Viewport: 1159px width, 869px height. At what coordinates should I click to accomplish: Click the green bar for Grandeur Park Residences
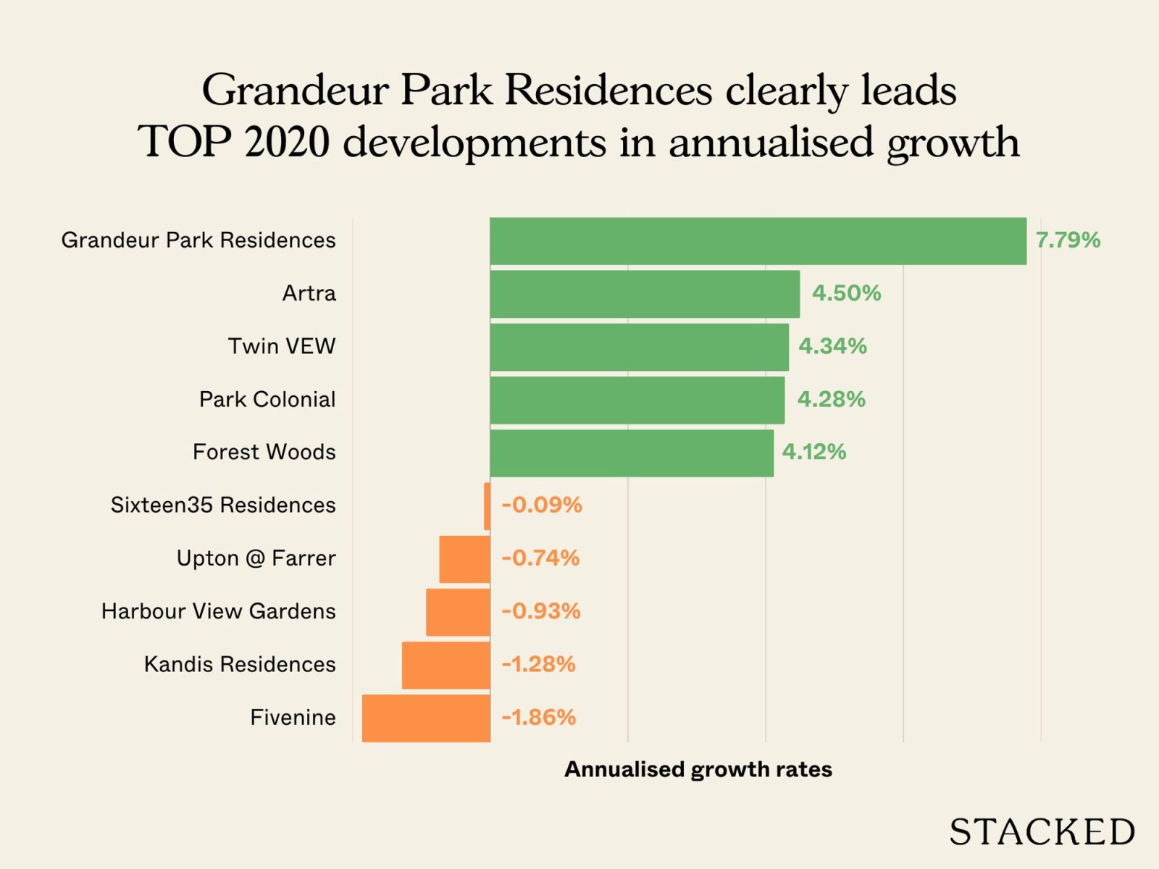(758, 241)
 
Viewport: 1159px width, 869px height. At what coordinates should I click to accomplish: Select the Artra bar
(645, 294)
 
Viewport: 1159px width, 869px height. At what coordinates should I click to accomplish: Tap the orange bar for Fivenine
(426, 718)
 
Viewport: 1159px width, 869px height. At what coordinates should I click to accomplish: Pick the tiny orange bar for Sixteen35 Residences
(488, 506)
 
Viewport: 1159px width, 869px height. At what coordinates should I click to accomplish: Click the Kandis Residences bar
(446, 665)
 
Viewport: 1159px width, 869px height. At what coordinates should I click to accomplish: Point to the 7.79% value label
(1068, 240)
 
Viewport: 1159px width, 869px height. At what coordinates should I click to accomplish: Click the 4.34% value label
(832, 346)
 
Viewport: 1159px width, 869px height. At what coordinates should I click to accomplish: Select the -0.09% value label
(542, 505)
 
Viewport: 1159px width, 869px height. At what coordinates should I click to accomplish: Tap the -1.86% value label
(539, 718)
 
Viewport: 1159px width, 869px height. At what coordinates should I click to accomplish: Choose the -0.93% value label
(541, 611)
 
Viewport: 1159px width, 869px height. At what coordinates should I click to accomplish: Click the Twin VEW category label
(282, 346)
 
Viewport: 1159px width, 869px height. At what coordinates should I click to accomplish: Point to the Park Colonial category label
(267, 399)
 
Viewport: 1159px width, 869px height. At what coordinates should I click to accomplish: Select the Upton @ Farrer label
(256, 558)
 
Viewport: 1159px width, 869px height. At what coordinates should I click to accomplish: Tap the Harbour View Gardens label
(219, 611)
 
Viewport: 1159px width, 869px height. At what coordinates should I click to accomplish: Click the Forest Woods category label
(264, 452)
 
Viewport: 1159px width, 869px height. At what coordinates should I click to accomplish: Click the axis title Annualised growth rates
(698, 769)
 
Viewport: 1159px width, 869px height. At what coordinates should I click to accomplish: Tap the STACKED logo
(1042, 832)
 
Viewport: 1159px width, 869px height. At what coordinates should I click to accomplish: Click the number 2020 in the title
(287, 141)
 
